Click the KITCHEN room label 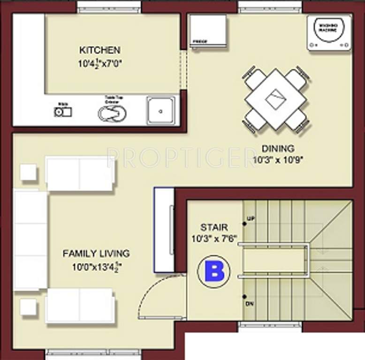99,50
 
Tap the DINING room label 278,149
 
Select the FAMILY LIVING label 96,254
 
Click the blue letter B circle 213,272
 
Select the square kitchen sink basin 160,111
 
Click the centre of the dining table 276,99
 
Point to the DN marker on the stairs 249,304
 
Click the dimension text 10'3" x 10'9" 278,159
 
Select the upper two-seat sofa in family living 80,173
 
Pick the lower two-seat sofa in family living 80,306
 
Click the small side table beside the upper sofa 28,172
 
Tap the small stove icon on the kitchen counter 62,112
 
